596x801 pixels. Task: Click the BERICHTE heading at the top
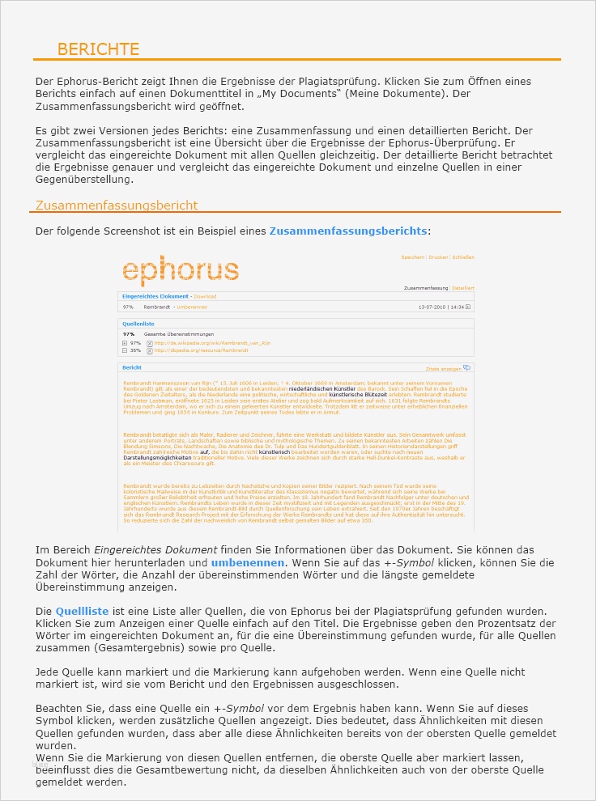98,49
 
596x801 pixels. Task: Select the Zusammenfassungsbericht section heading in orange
116,206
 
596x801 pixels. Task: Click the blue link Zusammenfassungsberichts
347,231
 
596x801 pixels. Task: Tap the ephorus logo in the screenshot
180,270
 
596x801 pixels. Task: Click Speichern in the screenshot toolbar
413,257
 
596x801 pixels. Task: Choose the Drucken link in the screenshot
439,257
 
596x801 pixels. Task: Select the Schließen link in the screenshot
463,257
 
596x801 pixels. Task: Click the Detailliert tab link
463,288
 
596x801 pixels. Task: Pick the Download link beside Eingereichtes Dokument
205,297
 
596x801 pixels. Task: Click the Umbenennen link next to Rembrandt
192,307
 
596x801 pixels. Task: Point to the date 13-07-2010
432,307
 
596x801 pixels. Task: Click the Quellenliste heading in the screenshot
138,324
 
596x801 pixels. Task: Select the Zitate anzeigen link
443,368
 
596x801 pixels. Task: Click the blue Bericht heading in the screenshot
131,367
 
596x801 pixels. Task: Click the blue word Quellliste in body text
83,610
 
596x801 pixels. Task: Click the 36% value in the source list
135,350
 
